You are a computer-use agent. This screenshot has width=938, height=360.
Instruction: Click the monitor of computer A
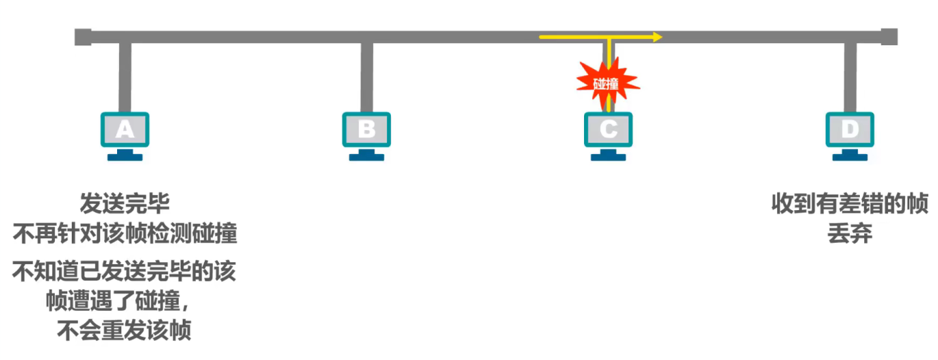point(125,129)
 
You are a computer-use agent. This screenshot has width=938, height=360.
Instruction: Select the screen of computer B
point(366,129)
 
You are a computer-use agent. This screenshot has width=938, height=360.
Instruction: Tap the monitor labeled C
point(608,129)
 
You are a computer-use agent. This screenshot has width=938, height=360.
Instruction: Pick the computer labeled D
point(850,129)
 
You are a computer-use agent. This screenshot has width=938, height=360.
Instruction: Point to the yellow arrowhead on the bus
point(657,36)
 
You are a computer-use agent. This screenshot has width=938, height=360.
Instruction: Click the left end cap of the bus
point(83,36)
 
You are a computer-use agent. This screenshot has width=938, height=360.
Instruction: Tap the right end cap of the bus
point(889,36)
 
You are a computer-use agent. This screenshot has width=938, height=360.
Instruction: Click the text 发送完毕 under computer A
point(125,204)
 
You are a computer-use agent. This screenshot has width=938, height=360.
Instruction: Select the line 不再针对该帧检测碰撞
point(125,234)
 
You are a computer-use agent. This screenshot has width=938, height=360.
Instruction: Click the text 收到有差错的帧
point(850,204)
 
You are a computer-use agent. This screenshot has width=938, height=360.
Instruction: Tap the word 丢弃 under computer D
point(850,234)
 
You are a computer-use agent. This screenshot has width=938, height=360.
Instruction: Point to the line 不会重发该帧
point(125,332)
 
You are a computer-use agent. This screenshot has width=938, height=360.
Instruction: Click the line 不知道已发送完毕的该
point(125,272)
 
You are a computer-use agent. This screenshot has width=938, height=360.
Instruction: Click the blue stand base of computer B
point(366,157)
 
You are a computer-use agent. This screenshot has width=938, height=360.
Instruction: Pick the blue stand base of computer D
point(850,157)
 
